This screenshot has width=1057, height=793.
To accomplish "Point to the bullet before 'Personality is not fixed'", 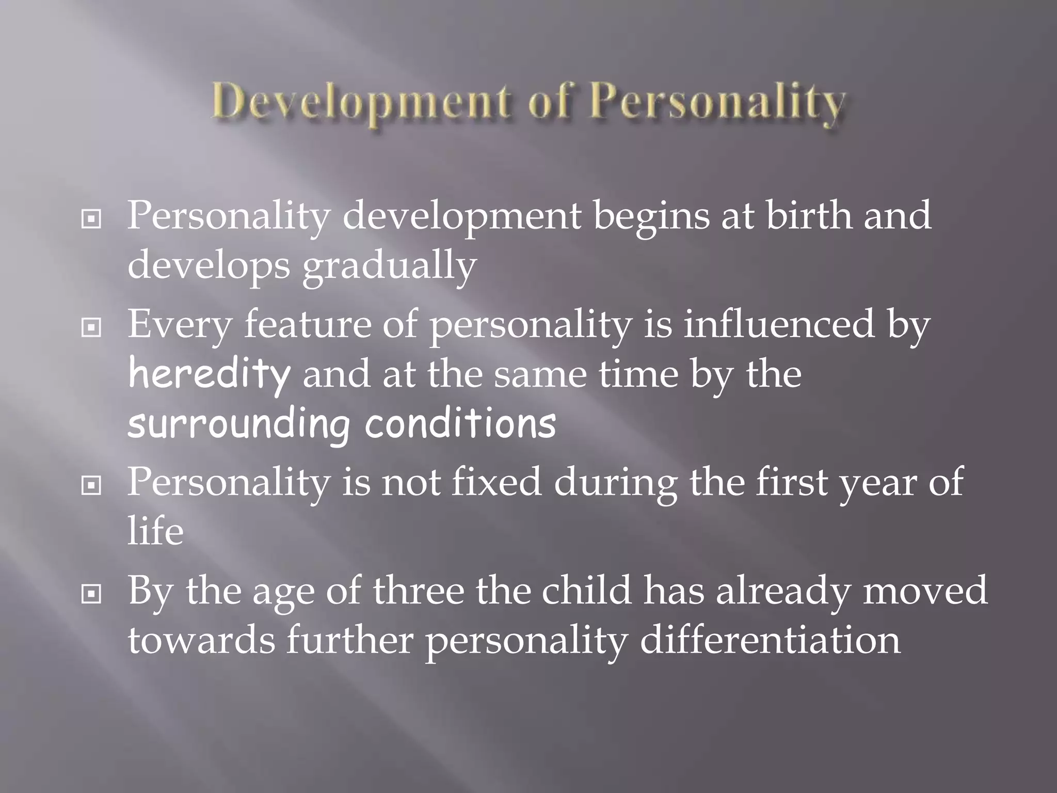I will pos(91,485).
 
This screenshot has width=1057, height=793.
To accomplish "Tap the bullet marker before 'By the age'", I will pos(91,595).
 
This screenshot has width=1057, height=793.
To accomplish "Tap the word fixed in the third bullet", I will pos(497,481).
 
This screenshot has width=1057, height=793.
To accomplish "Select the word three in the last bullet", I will pos(418,591).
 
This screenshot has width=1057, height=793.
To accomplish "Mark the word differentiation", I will pos(770,640).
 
